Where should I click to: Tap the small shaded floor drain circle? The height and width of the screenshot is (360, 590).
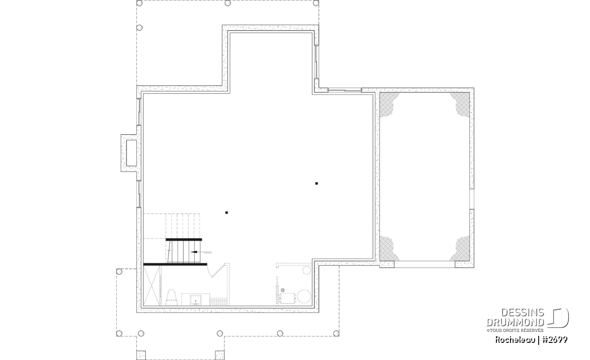point(283,290)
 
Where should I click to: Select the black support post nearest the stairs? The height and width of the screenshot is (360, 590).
point(226,213)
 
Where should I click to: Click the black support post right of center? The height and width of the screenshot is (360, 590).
point(316,183)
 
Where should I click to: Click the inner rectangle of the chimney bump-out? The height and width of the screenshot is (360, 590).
point(131,153)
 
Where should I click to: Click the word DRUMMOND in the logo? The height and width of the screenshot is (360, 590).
point(515,322)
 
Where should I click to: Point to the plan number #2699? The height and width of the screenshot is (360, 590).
point(554,340)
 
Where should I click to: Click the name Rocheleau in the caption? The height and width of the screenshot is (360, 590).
point(515,340)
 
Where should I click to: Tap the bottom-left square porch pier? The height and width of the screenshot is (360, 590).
point(141,355)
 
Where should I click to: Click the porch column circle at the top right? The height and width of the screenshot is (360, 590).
point(316,3)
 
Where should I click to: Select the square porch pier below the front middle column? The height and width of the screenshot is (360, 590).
point(220,355)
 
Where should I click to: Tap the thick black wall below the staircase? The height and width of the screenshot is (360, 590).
point(176,264)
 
